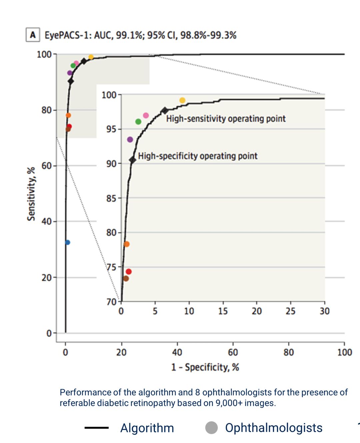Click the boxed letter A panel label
coord(33,35)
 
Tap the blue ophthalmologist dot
coord(68,243)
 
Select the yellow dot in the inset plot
coord(182,100)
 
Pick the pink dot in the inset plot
coord(146,115)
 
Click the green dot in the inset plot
coord(138,122)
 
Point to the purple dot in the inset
coord(130,139)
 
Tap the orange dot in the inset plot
coord(127,244)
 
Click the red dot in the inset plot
coord(129,272)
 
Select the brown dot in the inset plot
coord(126,279)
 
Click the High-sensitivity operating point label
coord(226,119)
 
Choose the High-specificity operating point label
coord(198,156)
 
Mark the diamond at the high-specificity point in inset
coord(133,160)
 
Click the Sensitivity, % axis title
coord(31,194)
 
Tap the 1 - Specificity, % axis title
coord(205,367)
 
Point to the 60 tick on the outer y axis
coord(47,166)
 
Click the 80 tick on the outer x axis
coord(289,352)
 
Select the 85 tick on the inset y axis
coord(111,198)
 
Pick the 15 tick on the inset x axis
coord(223,311)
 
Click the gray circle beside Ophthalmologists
coord(211,428)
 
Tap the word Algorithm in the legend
coord(147,428)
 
